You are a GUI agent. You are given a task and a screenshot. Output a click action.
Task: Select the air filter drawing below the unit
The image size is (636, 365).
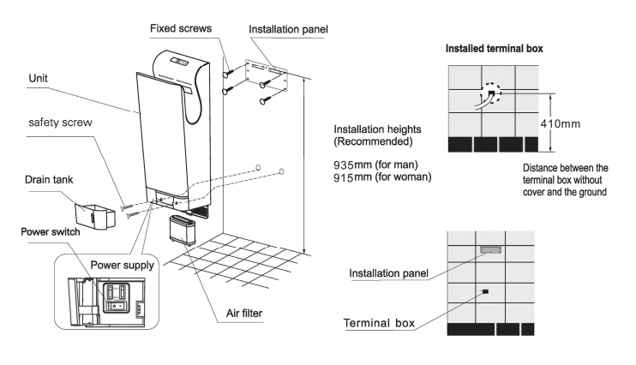183,230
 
